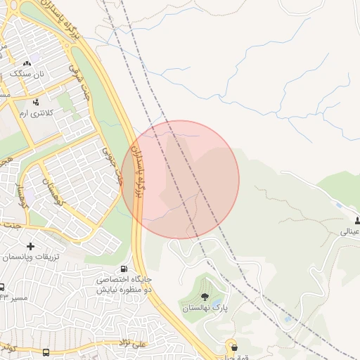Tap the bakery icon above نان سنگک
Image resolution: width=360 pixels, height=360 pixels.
pos(28,63)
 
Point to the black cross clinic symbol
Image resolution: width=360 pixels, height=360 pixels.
pos(30,246)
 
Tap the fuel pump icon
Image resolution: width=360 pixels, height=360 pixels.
pos(124,269)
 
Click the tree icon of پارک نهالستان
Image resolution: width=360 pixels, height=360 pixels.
pos(205,297)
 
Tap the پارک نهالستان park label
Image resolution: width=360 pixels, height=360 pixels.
pos(205,308)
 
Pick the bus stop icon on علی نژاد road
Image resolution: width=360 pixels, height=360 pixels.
pos(46,352)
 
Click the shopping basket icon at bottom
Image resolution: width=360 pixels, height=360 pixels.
pos(233,347)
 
